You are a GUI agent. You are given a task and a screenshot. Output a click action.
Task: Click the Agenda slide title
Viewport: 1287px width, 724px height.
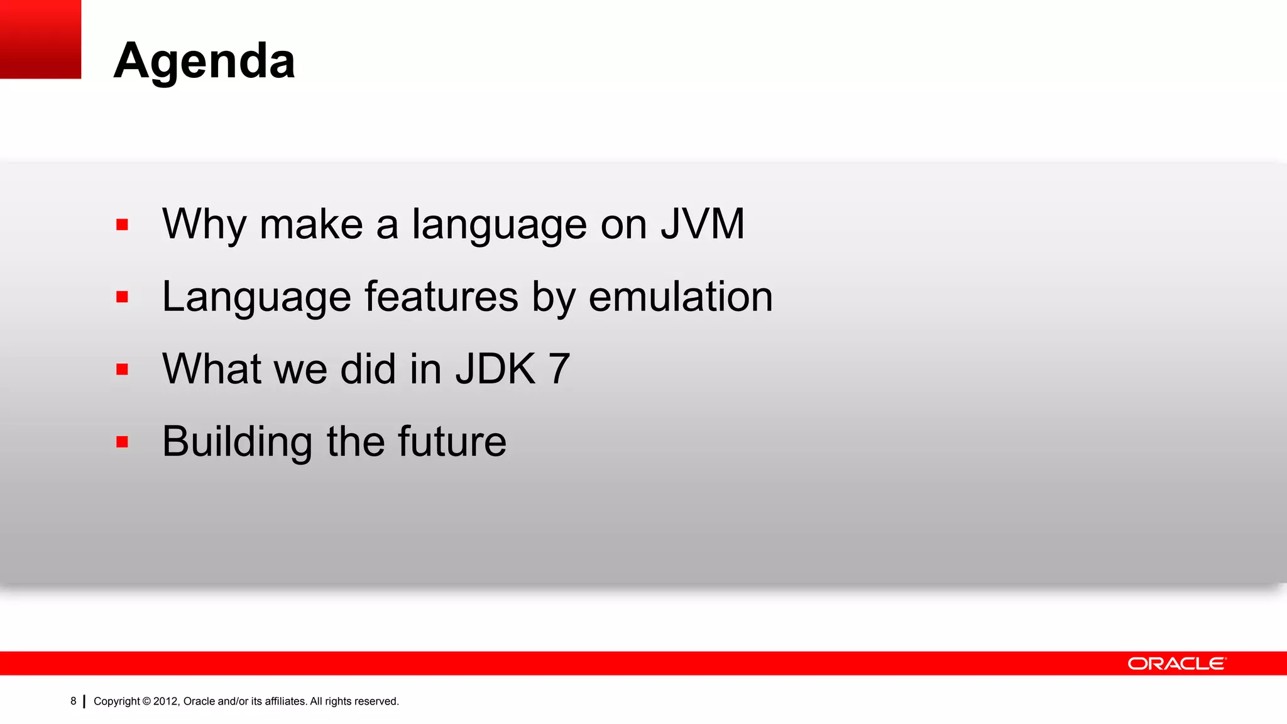(x=204, y=60)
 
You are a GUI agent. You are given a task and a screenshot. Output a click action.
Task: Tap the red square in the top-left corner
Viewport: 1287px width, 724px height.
(x=40, y=39)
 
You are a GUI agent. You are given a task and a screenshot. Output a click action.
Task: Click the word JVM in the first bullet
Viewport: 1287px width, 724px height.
(x=703, y=224)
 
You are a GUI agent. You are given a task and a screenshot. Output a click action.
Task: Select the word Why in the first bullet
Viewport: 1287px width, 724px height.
(x=204, y=225)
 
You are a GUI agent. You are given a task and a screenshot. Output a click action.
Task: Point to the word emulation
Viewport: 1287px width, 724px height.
(x=681, y=297)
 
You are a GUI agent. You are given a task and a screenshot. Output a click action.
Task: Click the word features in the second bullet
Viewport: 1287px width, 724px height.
(x=441, y=297)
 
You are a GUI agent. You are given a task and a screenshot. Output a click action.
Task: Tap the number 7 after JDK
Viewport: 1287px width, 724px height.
(x=559, y=369)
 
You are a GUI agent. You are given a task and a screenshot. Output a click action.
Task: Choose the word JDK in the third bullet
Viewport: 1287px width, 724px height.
(x=496, y=369)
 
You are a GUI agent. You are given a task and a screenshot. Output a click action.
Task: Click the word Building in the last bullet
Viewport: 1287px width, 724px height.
(x=237, y=442)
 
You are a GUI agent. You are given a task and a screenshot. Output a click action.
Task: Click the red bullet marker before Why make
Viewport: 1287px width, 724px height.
(x=122, y=225)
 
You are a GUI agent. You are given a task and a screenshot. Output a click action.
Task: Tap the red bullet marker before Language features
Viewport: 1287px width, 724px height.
(x=122, y=297)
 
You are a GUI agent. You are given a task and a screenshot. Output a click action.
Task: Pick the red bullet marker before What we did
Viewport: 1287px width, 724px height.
(x=122, y=370)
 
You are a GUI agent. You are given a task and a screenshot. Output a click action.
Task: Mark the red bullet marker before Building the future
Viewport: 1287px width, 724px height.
(x=122, y=442)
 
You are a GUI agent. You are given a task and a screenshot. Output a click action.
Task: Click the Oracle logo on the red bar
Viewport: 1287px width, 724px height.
(x=1176, y=664)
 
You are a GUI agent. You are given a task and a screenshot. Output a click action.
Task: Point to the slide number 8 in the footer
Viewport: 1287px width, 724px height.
(x=74, y=701)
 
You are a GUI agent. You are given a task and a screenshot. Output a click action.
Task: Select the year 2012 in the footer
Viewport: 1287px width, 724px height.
(x=167, y=701)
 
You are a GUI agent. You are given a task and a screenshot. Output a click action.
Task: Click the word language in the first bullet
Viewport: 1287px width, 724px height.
(x=499, y=225)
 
